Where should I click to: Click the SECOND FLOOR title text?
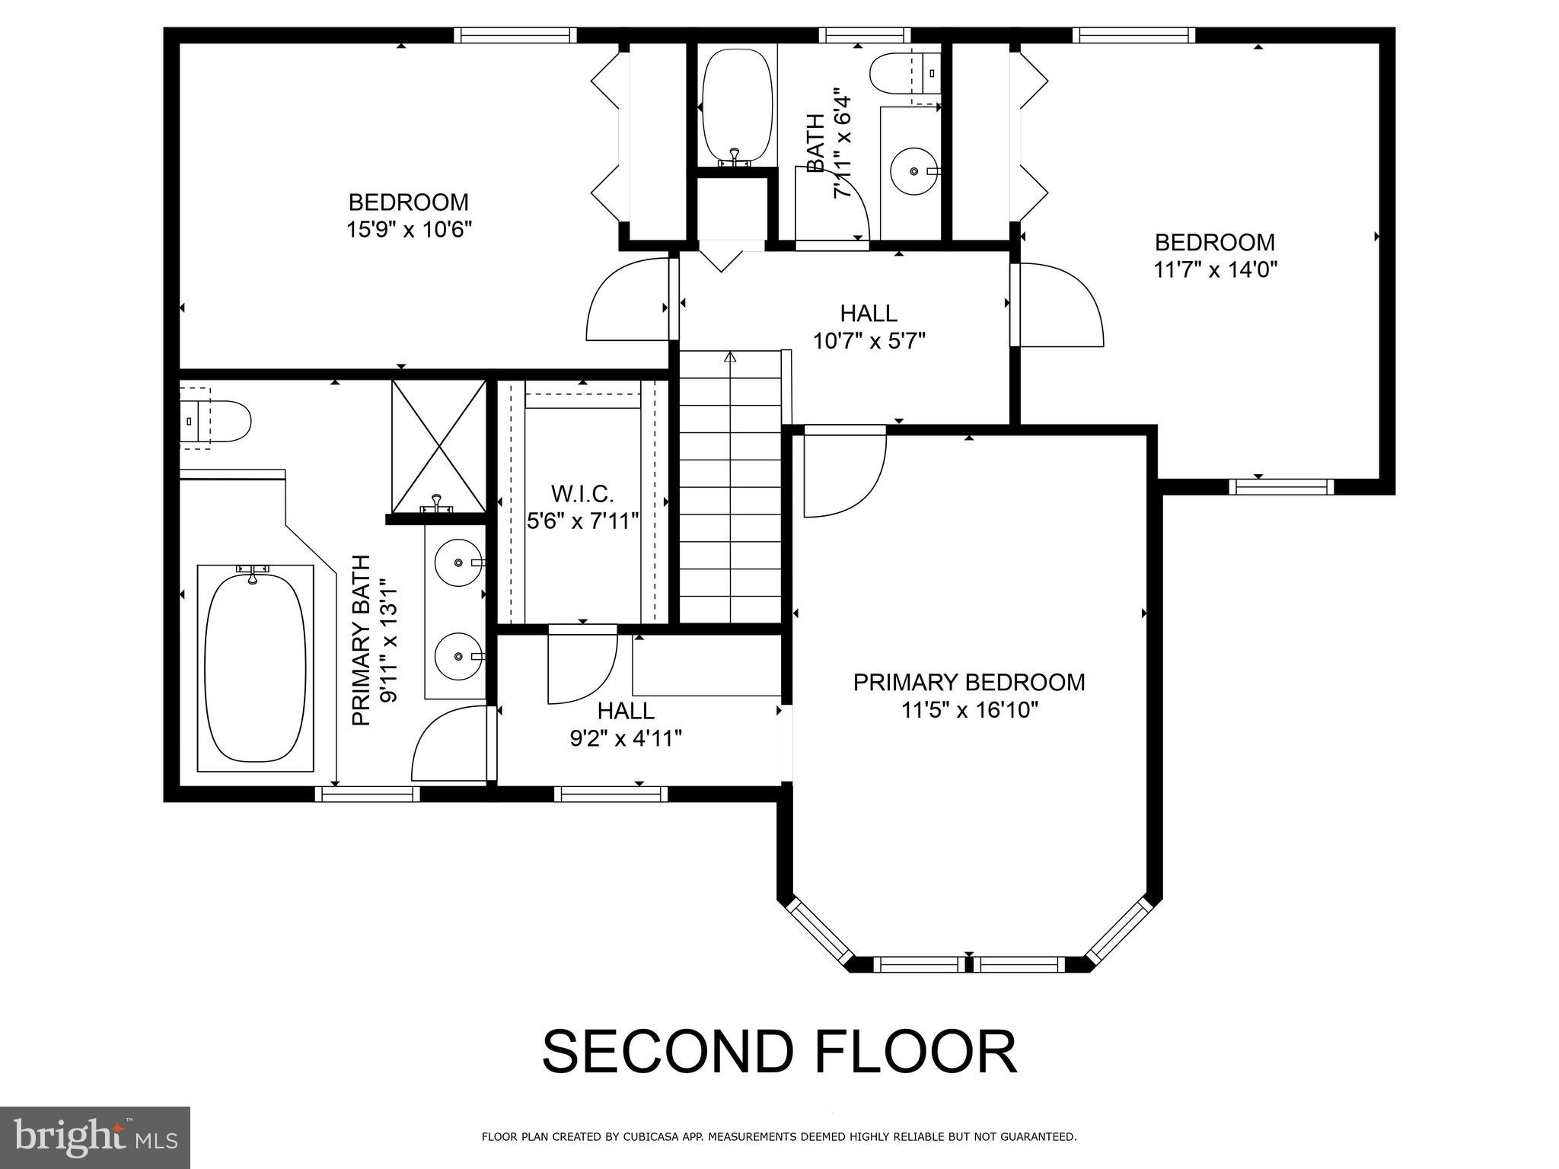tap(779, 1053)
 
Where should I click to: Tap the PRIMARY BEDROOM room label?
tap(968, 683)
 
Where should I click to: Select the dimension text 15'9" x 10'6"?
tap(409, 230)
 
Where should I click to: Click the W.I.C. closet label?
tap(582, 495)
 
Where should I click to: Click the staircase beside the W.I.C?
tap(730, 487)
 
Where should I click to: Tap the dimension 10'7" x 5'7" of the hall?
tap(869, 341)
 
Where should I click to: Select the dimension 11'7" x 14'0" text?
tap(1214, 269)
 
